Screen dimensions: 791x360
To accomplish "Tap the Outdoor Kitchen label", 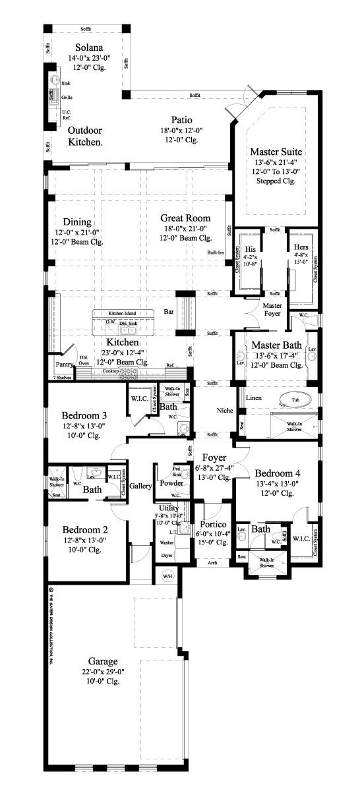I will click(85, 136).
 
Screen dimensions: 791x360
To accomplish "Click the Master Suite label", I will click(276, 152).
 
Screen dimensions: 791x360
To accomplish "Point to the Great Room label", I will click(185, 218).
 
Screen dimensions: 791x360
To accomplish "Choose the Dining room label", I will click(77, 222).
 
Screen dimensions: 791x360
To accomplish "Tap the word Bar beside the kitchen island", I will click(169, 312).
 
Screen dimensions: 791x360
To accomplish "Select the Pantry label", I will click(63, 363).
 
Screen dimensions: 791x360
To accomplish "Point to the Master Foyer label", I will click(272, 310).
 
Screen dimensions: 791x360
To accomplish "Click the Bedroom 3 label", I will click(84, 416).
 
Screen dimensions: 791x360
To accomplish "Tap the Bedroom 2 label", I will click(84, 529).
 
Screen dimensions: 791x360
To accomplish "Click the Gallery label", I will click(140, 486).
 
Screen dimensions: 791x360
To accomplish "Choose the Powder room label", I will click(171, 483).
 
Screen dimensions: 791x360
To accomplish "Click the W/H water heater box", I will click(169, 576).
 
